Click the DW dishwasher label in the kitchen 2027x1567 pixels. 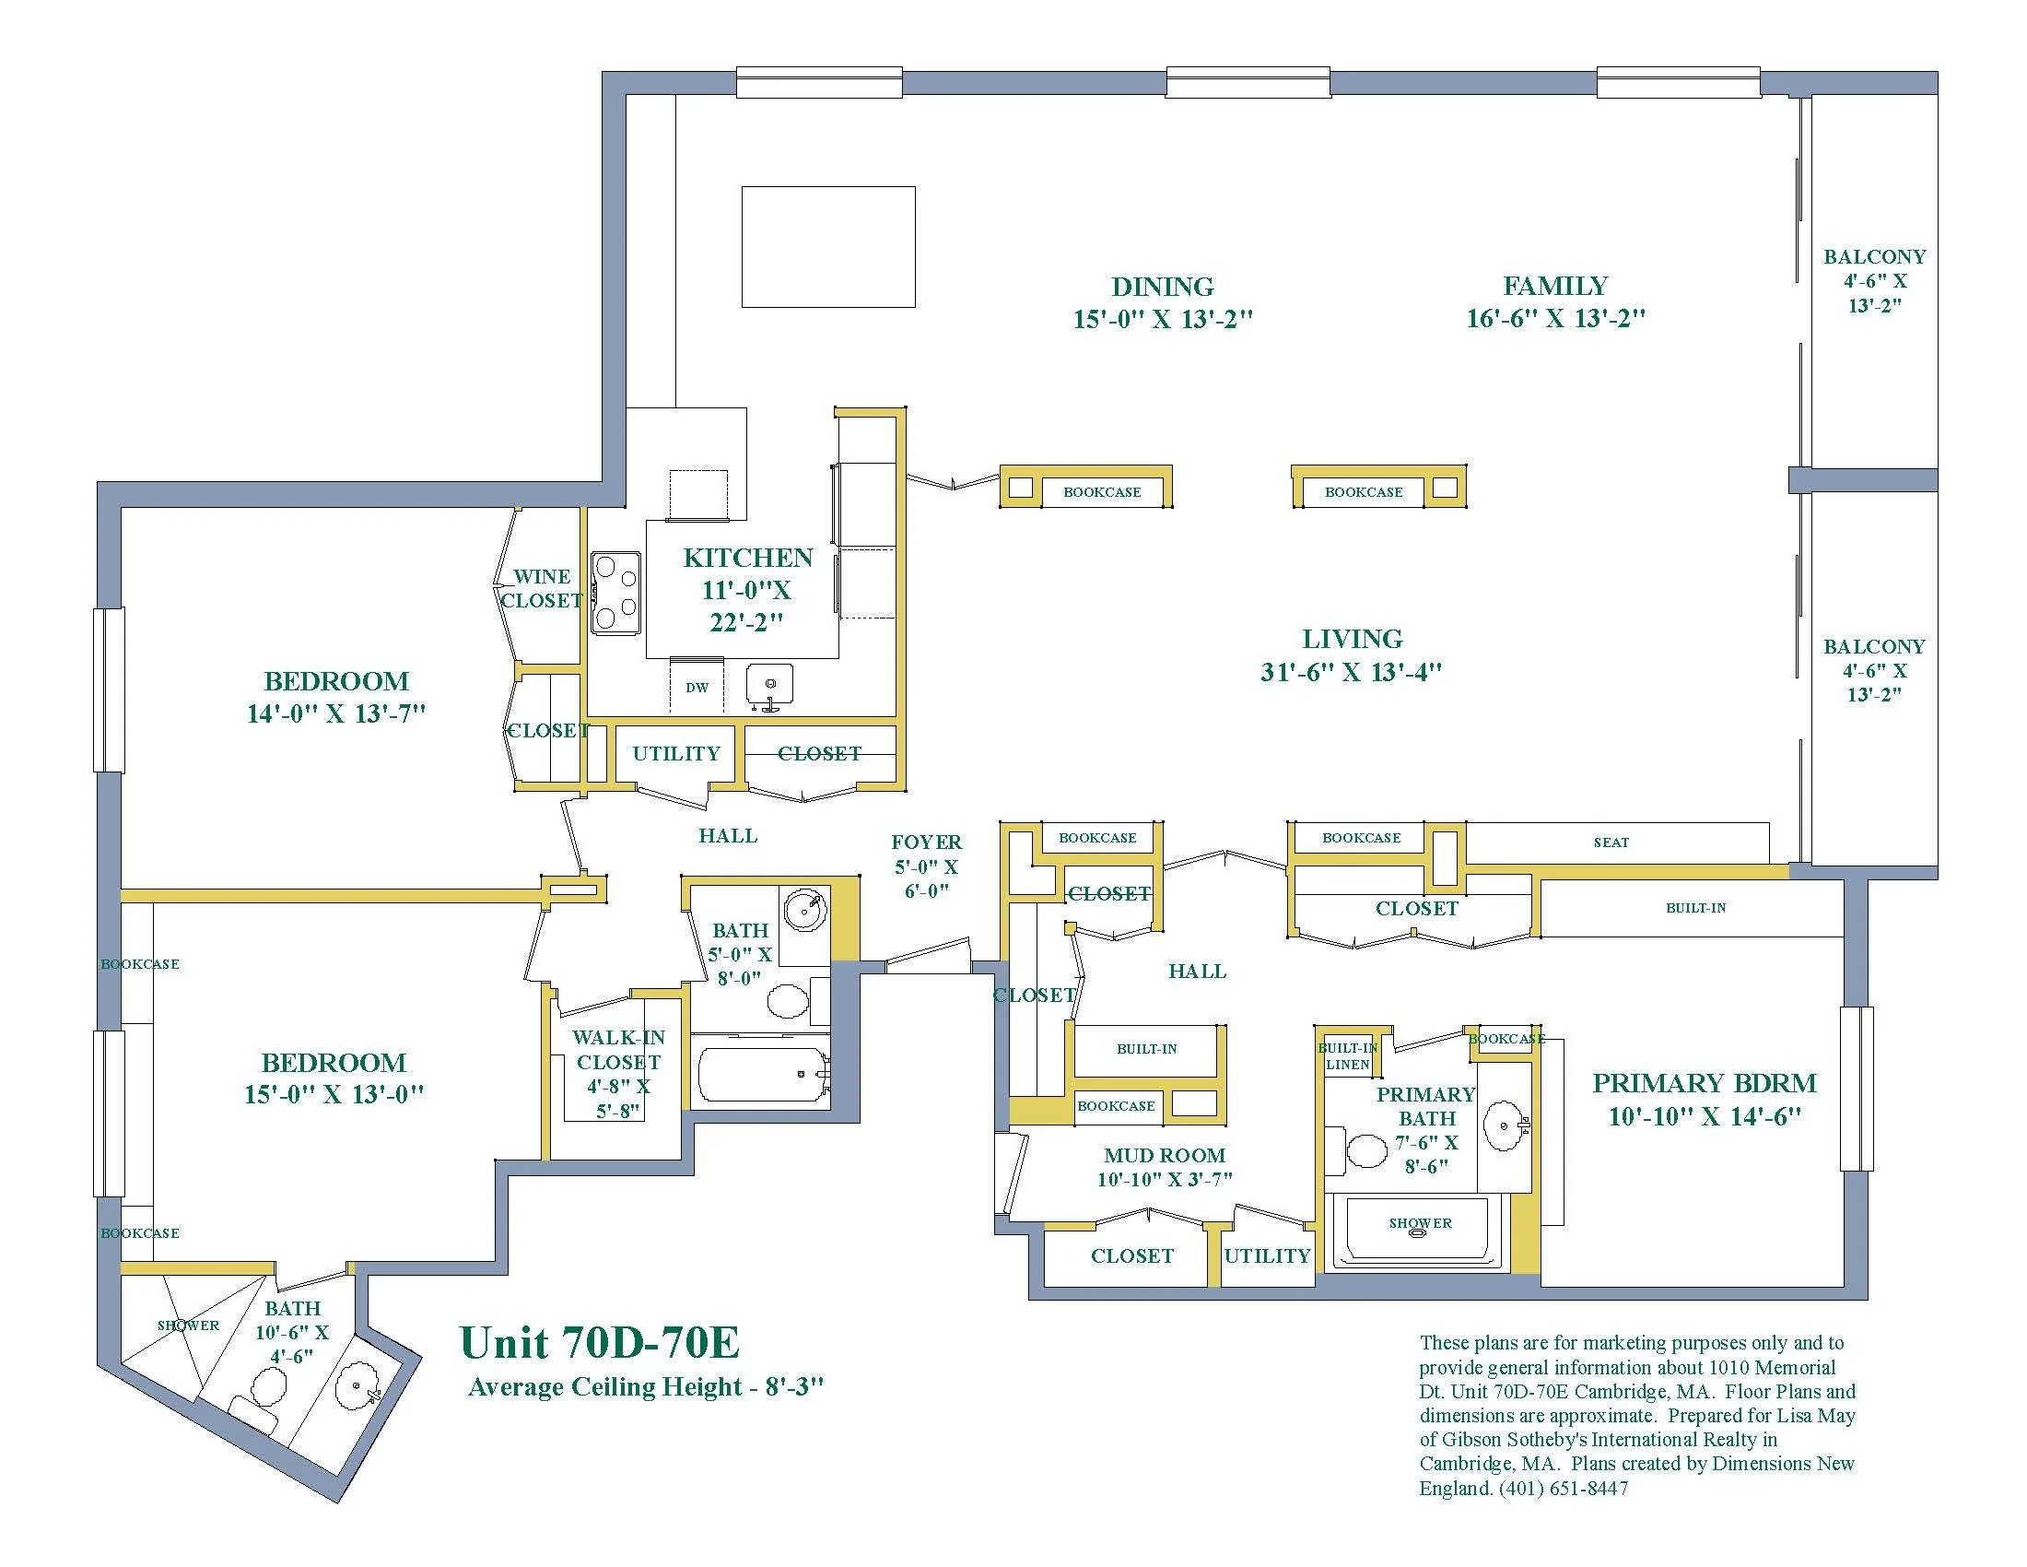[x=697, y=688]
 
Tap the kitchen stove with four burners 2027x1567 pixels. [x=616, y=594]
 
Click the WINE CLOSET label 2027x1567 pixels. [x=542, y=589]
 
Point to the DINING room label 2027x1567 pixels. [x=1163, y=287]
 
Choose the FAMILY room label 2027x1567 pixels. [x=1555, y=286]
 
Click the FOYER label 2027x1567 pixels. [x=926, y=842]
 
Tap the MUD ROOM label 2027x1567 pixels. [x=1165, y=1156]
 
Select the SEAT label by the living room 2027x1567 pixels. [x=1611, y=842]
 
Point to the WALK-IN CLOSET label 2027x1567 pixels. [x=618, y=1050]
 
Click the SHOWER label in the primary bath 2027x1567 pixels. [x=1420, y=1222]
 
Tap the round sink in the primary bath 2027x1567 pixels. [x=1504, y=1126]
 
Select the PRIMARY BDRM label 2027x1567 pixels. [x=1704, y=1083]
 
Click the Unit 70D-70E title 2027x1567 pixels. [x=600, y=1342]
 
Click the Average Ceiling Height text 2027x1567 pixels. [x=645, y=1387]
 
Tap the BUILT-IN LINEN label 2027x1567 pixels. [x=1348, y=1056]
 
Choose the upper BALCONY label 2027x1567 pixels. [x=1874, y=256]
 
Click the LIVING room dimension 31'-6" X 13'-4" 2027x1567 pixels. [x=1352, y=671]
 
